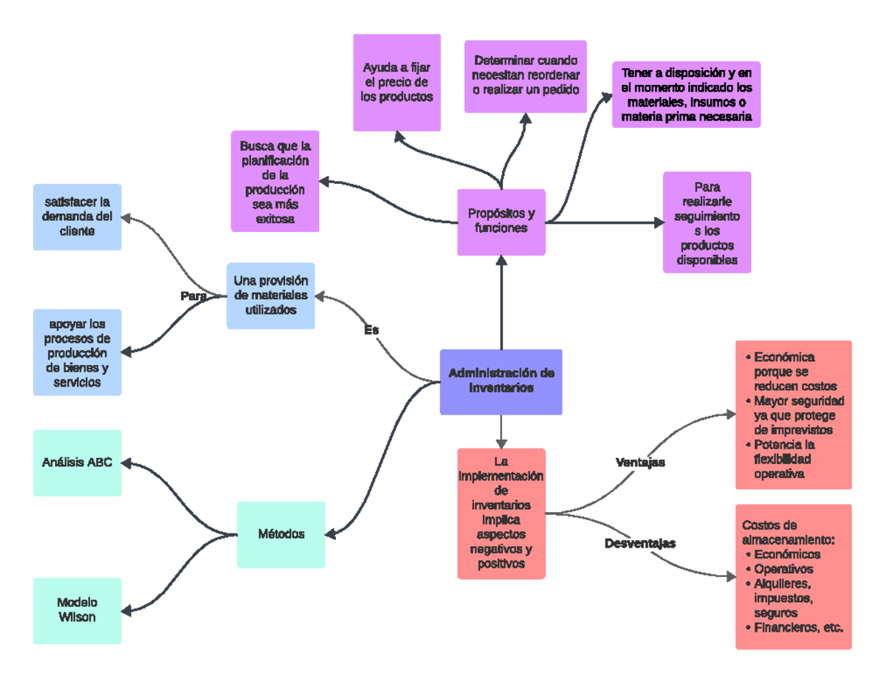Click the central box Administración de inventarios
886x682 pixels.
[501, 381]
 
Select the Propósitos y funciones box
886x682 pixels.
[501, 221]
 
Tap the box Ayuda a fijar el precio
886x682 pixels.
[396, 82]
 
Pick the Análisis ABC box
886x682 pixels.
[77, 463]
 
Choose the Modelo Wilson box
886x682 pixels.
[77, 610]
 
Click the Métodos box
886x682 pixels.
[281, 534]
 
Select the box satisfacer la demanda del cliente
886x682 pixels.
[77, 216]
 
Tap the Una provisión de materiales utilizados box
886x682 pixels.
[270, 296]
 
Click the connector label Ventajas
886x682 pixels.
[640, 463]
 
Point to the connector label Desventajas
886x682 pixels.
[640, 544]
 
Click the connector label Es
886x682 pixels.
[371, 330]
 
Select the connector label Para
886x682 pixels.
[193, 296]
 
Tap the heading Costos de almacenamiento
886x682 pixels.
[790, 532]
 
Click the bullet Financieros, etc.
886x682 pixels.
[797, 627]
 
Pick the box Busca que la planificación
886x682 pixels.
[275, 181]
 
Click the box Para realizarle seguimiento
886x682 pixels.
[707, 222]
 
